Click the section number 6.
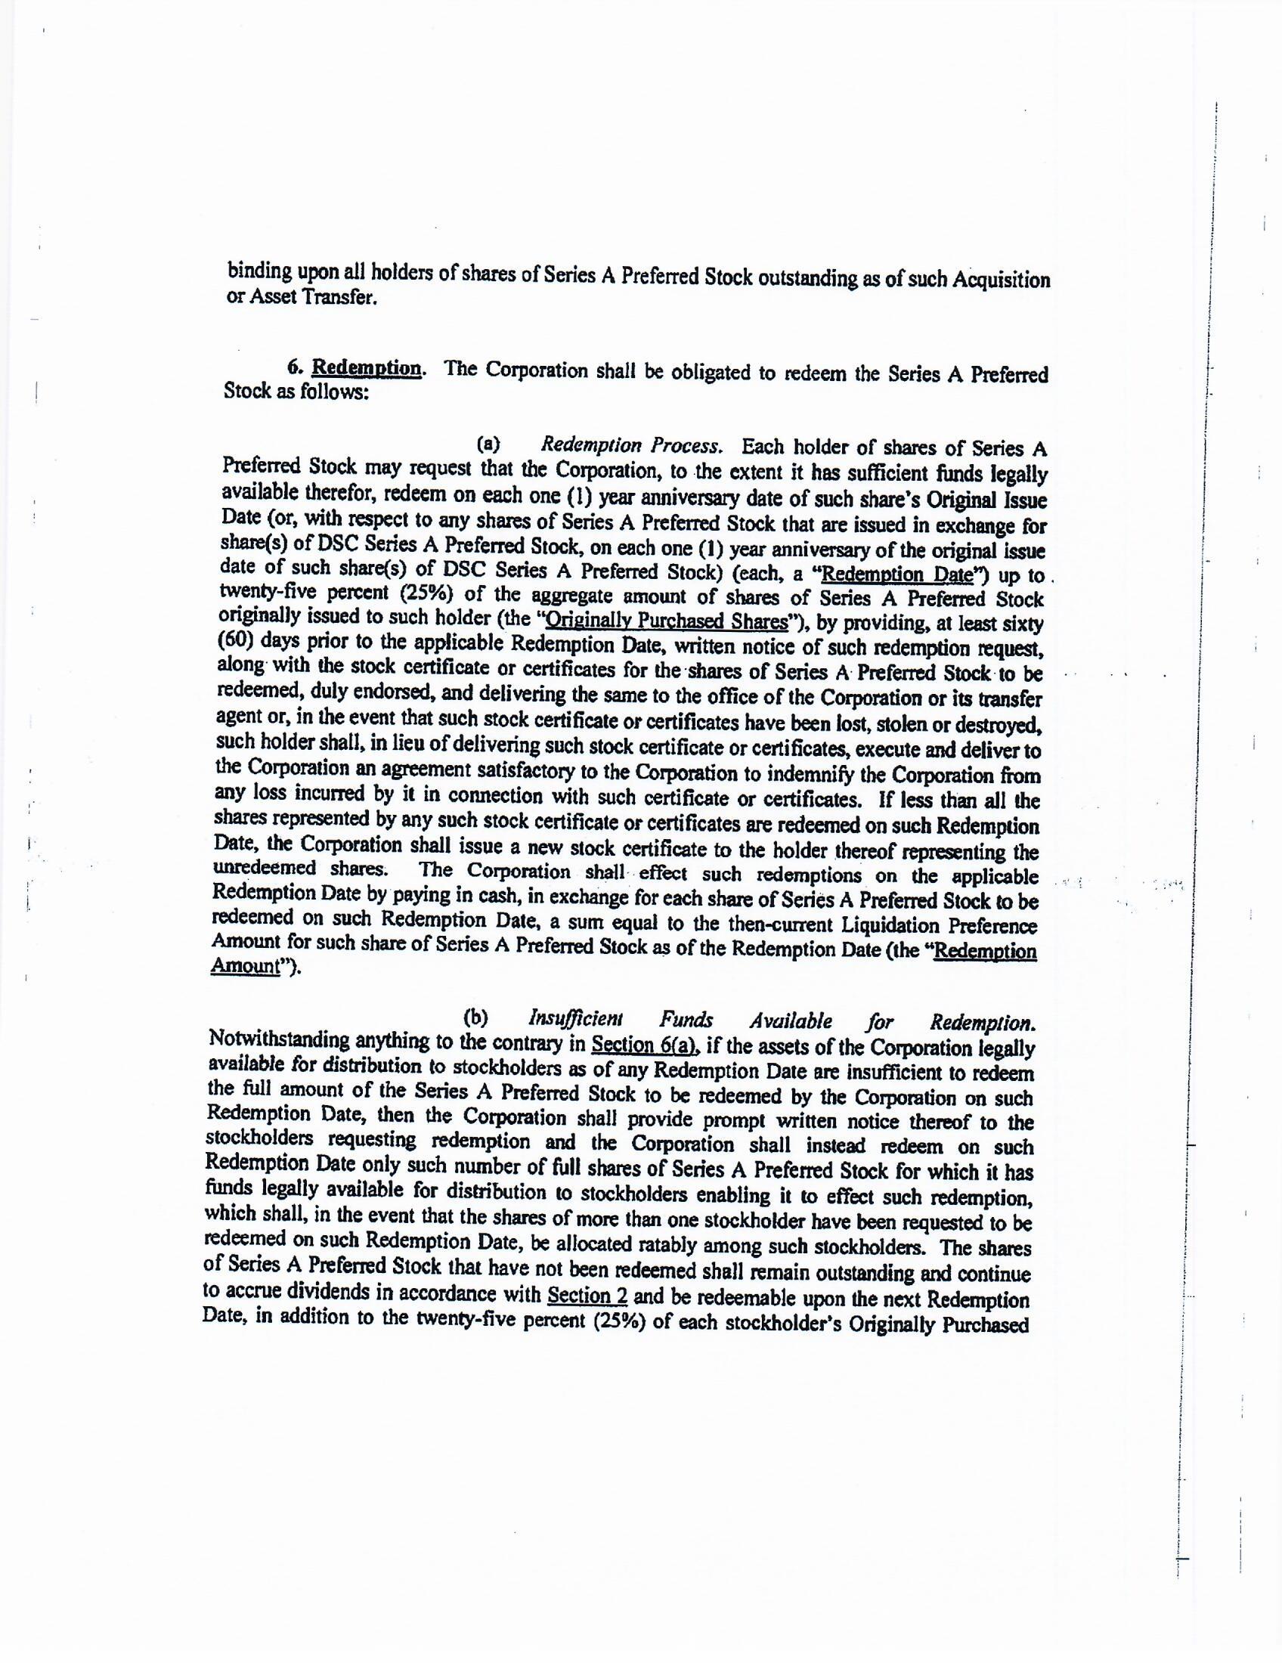[x=293, y=367]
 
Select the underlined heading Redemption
[x=367, y=368]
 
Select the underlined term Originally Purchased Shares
[x=667, y=621]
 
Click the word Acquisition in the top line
[x=999, y=280]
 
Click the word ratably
[x=667, y=1245]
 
